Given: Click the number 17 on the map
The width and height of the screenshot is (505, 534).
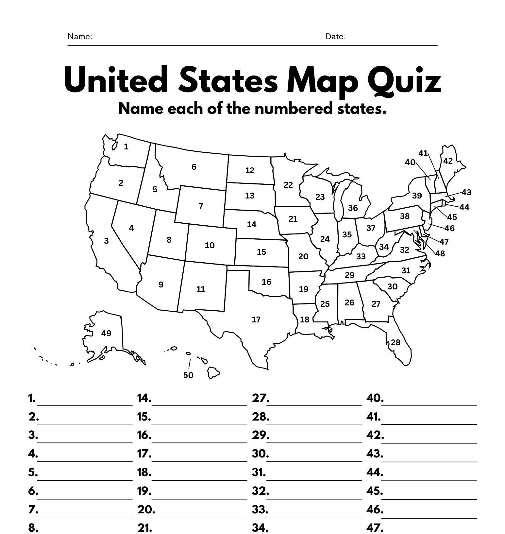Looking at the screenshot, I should click(x=256, y=319).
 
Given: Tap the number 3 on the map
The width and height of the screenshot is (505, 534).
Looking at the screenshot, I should click(x=106, y=241).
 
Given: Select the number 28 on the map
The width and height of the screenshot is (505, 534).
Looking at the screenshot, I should click(x=396, y=342).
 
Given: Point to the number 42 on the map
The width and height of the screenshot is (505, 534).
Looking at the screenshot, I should click(x=448, y=161).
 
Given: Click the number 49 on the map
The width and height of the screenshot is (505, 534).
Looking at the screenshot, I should click(x=106, y=333).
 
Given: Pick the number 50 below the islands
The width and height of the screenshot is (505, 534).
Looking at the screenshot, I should click(x=188, y=375).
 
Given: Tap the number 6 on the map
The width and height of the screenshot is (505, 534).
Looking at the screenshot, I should click(x=194, y=167).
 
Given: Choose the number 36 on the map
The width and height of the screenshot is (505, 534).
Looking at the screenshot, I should click(x=353, y=208).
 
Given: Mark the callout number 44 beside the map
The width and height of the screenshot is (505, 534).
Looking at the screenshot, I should click(x=464, y=207).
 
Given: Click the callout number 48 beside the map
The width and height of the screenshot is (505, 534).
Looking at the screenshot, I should click(x=440, y=253).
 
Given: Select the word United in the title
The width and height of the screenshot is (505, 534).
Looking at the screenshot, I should click(x=116, y=80).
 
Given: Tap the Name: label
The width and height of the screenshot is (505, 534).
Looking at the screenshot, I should click(x=80, y=37).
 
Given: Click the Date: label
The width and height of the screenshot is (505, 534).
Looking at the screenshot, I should click(x=335, y=37).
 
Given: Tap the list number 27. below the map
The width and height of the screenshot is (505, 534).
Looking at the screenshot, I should click(x=261, y=398).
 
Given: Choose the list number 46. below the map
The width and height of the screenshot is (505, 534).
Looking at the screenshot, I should click(x=375, y=509).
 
